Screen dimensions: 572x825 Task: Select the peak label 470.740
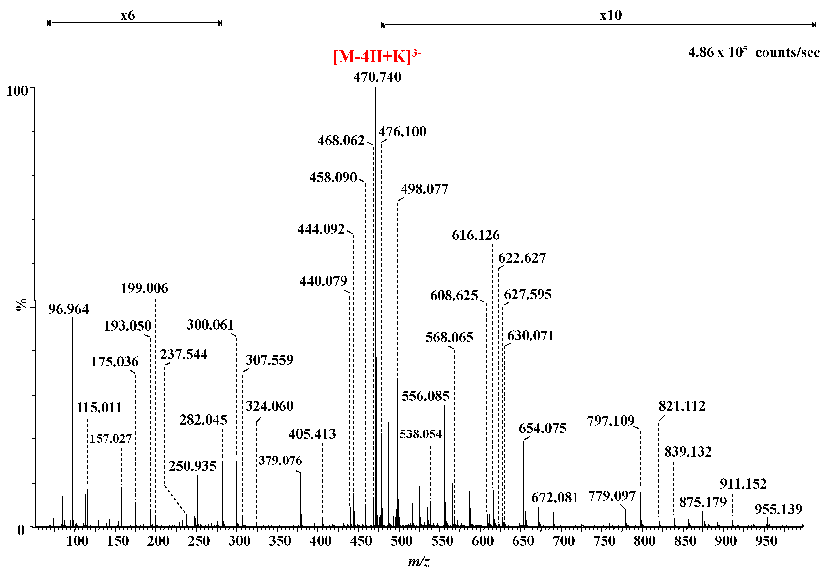[377, 77]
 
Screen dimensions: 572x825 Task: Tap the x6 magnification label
[127, 16]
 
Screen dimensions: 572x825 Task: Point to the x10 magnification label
[611, 16]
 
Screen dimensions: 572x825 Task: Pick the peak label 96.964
[68, 309]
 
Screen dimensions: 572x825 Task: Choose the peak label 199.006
[144, 288]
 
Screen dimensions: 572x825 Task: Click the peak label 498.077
[424, 189]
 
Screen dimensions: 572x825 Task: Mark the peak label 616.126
[475, 235]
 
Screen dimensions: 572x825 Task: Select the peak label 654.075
[542, 428]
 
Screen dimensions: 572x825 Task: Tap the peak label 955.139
[778, 509]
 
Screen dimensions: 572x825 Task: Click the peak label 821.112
[682, 406]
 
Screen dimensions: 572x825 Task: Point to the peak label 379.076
[280, 461]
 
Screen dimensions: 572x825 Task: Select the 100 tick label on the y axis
[17, 91]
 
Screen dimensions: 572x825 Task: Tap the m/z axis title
[419, 561]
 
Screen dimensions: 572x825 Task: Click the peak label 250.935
[192, 466]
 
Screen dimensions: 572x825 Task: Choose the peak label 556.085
[425, 396]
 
